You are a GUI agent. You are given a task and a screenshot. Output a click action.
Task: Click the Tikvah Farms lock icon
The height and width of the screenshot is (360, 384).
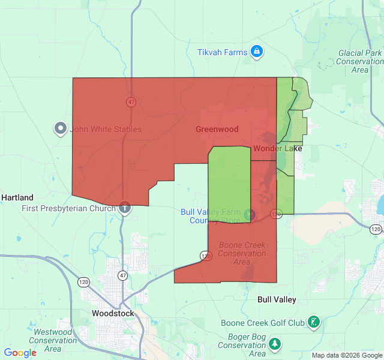click(257, 52)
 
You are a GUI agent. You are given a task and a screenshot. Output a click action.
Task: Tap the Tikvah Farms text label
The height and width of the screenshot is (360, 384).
click(223, 52)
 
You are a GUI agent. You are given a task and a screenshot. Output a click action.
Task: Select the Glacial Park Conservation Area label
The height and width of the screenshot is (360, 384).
click(359, 61)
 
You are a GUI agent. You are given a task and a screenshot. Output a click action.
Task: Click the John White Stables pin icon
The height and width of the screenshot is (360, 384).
click(61, 128)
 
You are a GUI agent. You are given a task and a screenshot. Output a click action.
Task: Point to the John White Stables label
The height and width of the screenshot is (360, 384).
click(106, 129)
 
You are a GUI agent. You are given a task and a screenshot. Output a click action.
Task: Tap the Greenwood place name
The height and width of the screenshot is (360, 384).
click(217, 129)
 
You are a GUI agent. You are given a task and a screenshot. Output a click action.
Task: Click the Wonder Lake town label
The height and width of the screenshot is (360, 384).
click(278, 148)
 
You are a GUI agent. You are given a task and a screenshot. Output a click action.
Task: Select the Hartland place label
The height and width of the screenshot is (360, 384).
click(17, 197)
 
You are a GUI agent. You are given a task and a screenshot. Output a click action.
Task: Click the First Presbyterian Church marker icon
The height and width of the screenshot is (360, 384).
click(124, 208)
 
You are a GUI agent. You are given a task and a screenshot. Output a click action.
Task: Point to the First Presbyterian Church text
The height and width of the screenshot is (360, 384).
click(68, 208)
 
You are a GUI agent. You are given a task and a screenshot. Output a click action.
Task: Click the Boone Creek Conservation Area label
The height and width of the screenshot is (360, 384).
click(242, 253)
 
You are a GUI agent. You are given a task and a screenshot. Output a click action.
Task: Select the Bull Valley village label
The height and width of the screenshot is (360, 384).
click(277, 299)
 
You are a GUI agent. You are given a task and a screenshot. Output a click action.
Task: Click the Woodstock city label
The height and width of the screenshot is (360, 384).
click(113, 313)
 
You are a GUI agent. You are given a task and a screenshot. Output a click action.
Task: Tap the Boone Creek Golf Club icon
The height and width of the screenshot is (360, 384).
click(313, 322)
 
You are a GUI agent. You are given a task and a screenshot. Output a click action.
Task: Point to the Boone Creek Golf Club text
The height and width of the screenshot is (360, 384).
click(263, 323)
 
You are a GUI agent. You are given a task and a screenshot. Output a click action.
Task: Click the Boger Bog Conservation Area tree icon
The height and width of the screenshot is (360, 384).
click(275, 344)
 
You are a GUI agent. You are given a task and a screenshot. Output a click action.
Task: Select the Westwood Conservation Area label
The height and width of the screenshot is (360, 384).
click(53, 340)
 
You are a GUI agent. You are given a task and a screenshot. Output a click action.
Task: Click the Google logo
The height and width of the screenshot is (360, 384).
click(20, 353)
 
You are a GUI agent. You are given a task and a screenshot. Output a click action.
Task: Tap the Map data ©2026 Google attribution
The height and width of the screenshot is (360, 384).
click(346, 355)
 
